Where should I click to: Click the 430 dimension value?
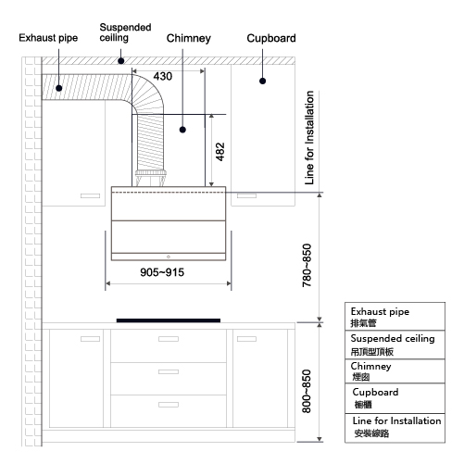pos(163,76)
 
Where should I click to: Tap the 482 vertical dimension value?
pos(220,152)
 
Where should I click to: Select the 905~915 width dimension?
pos(162,272)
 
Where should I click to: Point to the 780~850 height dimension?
pos(307,266)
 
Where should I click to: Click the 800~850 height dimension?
pos(307,391)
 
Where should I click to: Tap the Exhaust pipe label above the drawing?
pos(48,38)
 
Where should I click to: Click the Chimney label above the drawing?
pos(189,38)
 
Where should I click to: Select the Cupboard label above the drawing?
pos(271,38)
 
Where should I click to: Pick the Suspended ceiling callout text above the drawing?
pos(125,32)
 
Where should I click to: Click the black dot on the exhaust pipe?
pos(59,88)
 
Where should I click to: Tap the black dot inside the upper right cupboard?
pos(263,82)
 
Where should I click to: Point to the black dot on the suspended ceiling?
pos(121,61)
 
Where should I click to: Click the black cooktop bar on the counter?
pos(169,320)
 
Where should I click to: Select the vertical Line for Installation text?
pos(309,138)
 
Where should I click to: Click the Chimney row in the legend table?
pos(395,371)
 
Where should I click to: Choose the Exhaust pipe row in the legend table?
pos(395,317)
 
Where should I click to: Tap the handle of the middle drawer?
pos(169,371)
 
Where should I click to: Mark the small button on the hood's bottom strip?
pos(169,257)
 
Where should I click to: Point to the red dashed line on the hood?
pos(169,193)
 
